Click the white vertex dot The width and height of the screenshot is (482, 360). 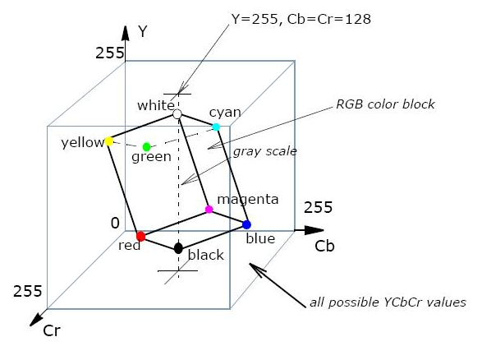coord(177,114)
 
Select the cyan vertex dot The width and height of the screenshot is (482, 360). coord(216,127)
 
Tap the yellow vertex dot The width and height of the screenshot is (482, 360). coord(109,141)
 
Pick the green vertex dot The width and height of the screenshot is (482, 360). coord(147,146)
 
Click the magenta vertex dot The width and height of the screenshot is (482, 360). coord(209,210)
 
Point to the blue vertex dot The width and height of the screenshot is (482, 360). coord(246,224)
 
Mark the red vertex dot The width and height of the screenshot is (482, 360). coord(140,237)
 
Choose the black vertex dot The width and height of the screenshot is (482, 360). coord(178,248)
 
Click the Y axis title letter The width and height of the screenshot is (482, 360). coord(143,31)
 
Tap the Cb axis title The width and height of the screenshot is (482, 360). coord(324,246)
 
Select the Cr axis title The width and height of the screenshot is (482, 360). coord(52,330)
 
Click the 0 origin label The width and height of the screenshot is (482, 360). coord(115,223)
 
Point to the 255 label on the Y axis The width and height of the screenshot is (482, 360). coord(110,53)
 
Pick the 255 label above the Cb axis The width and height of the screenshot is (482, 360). coord(318,207)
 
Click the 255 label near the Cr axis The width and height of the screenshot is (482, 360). coord(27,291)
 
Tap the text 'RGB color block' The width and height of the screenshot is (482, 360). coord(385,104)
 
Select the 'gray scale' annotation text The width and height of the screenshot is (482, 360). coord(265,151)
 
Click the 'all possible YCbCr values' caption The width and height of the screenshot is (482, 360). coord(388,302)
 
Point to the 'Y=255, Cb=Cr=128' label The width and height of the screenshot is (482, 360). coord(301,19)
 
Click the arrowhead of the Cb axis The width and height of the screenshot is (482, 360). coord(314,230)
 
